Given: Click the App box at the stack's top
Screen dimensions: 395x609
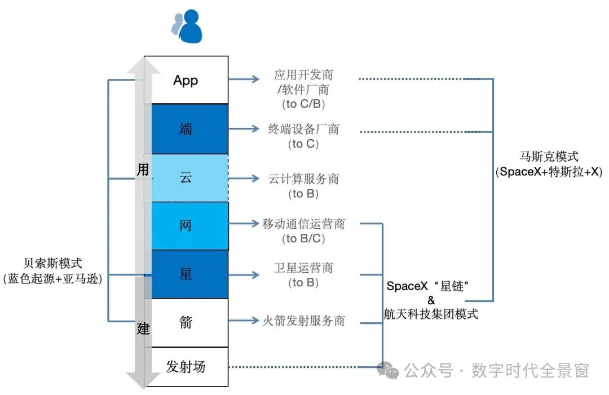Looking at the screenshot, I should pos(186,80).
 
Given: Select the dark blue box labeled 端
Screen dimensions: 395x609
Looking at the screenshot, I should pos(186,129).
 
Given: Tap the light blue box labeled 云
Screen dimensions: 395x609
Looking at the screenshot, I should pos(186,177).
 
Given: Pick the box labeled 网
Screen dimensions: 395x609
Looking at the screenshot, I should pos(186,225).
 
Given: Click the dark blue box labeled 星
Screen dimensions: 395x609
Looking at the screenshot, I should pos(186,274).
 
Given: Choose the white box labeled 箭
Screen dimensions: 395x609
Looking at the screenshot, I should pos(186,322).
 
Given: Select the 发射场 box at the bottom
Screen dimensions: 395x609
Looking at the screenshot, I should pos(186,367).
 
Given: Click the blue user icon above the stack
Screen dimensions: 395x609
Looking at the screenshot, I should pos(187,26).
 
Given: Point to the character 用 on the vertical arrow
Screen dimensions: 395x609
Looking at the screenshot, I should pos(143,170).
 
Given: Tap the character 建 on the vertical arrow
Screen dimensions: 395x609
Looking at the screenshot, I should pos(143,329).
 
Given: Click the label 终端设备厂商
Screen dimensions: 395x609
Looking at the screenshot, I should pos(304,130).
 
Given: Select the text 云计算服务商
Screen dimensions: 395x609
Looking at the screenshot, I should pos(304,179).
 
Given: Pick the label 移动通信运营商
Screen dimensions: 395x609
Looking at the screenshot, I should pos(303,224).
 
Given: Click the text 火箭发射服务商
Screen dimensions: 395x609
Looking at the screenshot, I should pos(304,321).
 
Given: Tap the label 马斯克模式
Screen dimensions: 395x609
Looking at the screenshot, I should pos(549,157).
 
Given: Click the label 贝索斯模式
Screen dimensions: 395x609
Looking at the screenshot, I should pos(52,263).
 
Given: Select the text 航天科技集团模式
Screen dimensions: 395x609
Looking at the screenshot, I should pos(431,314).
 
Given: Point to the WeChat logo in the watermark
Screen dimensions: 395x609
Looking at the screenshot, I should pos(388,370).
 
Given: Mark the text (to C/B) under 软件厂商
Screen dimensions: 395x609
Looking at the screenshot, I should pos(304,104).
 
